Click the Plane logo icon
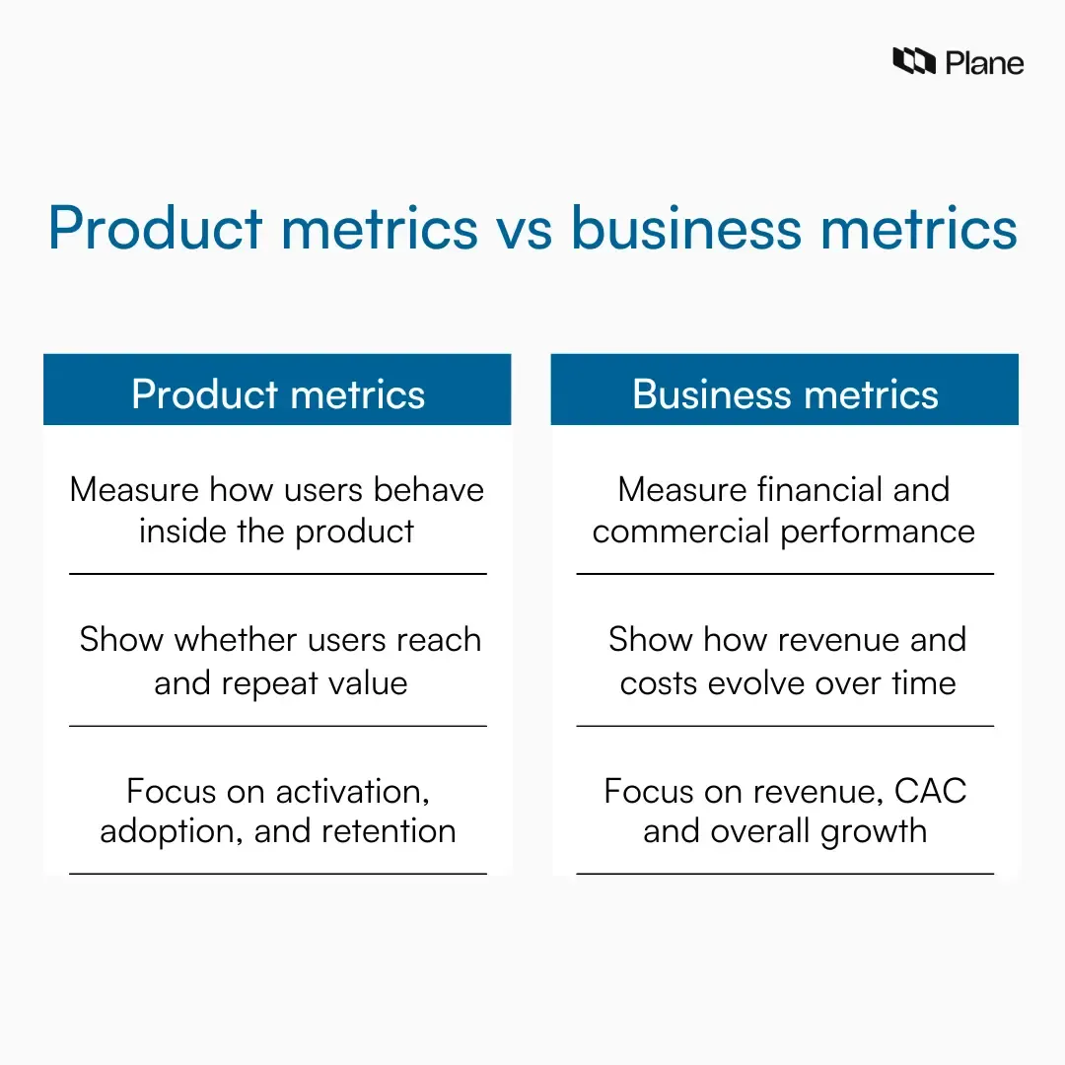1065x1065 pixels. [913, 62]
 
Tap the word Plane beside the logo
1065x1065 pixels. [984, 63]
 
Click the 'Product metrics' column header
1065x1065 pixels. [278, 394]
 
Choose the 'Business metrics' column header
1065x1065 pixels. [785, 394]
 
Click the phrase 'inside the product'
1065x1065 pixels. [277, 532]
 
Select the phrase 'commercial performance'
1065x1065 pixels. [784, 532]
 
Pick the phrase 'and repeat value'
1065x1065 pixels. [281, 683]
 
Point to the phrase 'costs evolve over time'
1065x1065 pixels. [788, 683]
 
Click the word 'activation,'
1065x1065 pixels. [352, 792]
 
